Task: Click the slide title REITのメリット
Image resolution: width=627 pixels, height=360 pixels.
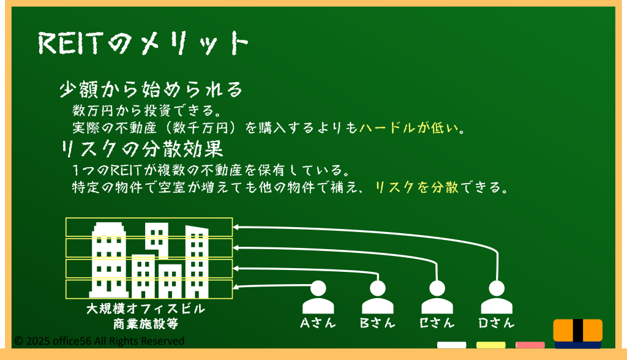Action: (x=143, y=43)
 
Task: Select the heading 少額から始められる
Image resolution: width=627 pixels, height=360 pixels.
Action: (x=151, y=89)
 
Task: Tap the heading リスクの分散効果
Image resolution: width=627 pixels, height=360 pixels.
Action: (x=141, y=149)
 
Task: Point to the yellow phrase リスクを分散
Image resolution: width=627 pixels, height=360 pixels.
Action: (x=416, y=187)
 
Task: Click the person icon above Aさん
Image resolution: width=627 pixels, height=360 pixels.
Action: (x=318, y=297)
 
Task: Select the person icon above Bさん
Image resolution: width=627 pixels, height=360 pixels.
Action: (x=377, y=297)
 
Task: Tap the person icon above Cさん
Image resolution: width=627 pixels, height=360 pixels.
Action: (x=437, y=297)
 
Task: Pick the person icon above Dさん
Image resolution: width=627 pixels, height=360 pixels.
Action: (x=497, y=297)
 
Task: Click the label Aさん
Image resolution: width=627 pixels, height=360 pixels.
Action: (x=318, y=323)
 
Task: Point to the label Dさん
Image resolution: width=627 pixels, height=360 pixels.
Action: (x=497, y=323)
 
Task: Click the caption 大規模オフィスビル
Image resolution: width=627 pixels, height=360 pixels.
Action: (x=146, y=309)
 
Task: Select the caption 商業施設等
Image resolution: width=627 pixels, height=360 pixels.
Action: (x=146, y=324)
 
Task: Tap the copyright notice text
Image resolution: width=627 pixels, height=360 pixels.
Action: (x=99, y=341)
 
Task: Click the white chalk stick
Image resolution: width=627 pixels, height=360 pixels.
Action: (x=451, y=345)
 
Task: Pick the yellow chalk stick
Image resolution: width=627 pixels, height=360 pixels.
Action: (x=490, y=345)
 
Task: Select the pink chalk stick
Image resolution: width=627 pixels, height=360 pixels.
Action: (x=530, y=345)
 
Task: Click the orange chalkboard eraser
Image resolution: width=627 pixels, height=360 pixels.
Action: (x=578, y=334)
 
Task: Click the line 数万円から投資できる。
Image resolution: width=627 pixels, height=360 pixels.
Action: (x=147, y=111)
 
